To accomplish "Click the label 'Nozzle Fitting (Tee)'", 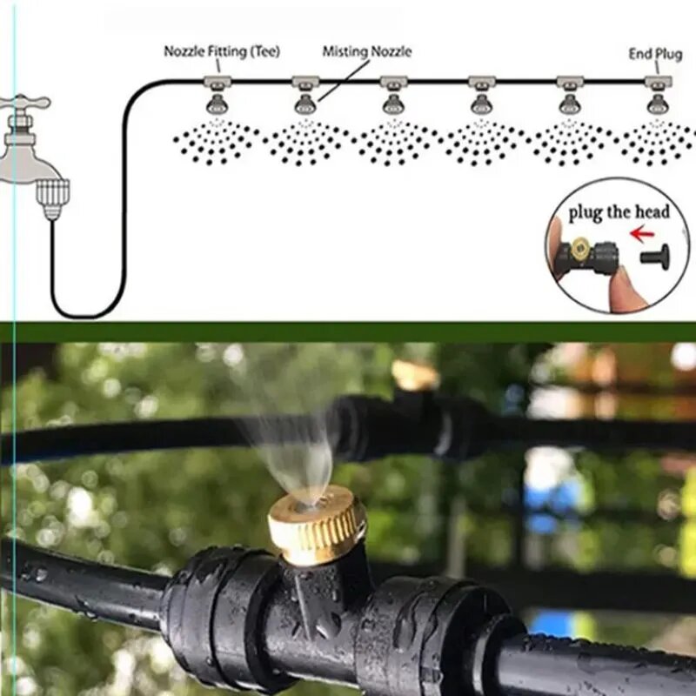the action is click(222, 51).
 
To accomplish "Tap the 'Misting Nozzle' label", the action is click(366, 51).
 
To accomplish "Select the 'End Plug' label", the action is click(655, 54).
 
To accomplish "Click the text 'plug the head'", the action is click(619, 212).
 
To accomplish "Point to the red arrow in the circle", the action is click(642, 234).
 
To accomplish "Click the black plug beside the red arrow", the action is click(655, 256).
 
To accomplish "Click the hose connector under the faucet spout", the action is click(52, 198).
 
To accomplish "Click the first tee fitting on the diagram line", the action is click(217, 82).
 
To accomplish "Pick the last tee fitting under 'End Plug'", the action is click(658, 82).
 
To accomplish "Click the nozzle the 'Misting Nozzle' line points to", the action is click(305, 104).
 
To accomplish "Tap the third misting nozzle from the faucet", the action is click(393, 104).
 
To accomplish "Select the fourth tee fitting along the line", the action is click(482, 82).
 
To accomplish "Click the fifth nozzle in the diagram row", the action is click(570, 104).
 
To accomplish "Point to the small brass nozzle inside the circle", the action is click(579, 250).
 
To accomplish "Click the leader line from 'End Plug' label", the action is click(657, 68).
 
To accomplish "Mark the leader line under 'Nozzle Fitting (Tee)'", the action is click(218, 66).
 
